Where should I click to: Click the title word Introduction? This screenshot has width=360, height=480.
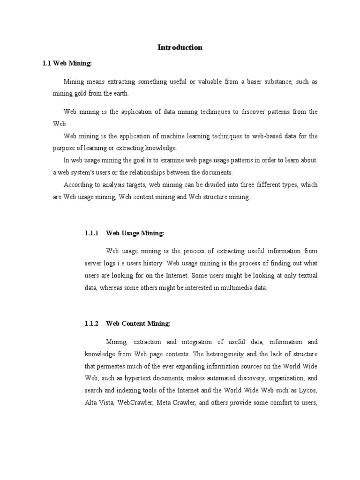[180, 47]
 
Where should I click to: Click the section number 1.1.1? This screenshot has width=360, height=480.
[90, 233]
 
